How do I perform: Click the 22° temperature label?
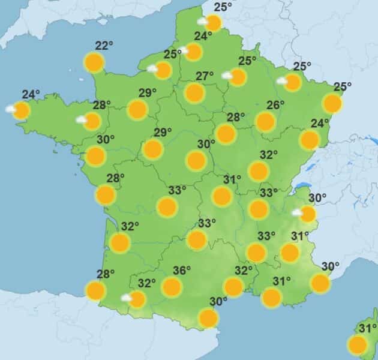click(x=104, y=46)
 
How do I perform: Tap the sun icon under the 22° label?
click(x=94, y=62)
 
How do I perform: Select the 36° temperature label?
click(x=181, y=271)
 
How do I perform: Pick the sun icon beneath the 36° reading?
click(x=172, y=287)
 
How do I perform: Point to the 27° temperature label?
click(x=205, y=76)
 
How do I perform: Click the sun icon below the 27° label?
click(x=194, y=93)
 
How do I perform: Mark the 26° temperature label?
click(x=275, y=106)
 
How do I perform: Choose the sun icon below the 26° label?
click(x=265, y=122)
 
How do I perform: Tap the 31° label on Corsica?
click(x=367, y=328)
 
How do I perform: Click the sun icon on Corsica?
click(x=358, y=345)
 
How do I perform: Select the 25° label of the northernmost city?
click(x=223, y=7)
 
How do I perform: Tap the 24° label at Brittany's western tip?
click(x=31, y=94)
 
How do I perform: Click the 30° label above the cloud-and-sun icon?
click(x=317, y=198)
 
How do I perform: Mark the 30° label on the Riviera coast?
click(x=330, y=266)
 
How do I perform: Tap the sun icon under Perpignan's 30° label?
click(x=208, y=318)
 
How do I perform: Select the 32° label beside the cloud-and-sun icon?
click(x=146, y=283)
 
